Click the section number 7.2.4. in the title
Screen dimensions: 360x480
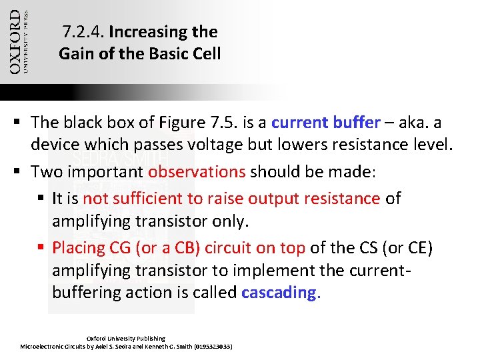pyautogui.click(x=83, y=32)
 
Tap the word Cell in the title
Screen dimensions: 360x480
pyautogui.click(x=205, y=54)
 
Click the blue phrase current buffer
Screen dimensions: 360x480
pyautogui.click(x=326, y=123)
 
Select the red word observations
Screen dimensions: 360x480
pyautogui.click(x=197, y=171)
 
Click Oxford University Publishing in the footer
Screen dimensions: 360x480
pyautogui.click(x=126, y=339)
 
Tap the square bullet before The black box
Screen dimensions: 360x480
pyautogui.click(x=21, y=123)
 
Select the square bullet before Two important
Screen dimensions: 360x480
pyautogui.click(x=21, y=171)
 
